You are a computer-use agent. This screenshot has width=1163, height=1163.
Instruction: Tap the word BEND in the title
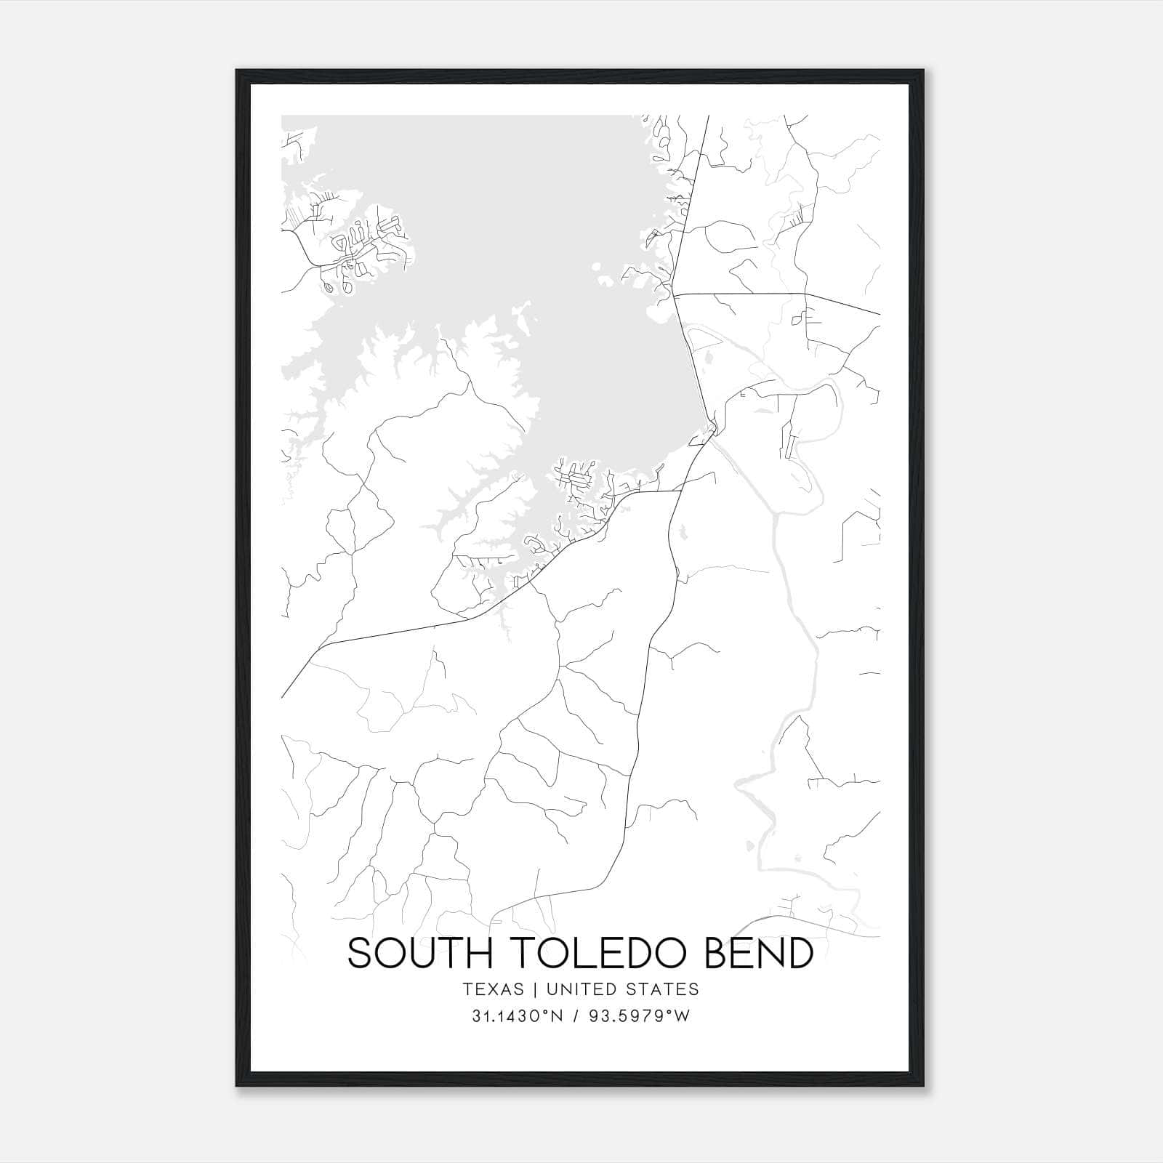759,954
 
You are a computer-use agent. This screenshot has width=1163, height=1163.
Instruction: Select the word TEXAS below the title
492,989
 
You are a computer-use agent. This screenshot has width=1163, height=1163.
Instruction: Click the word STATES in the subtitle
667,989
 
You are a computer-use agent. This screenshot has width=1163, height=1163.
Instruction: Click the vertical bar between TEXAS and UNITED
534,989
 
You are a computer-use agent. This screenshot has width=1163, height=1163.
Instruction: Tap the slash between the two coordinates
575,1016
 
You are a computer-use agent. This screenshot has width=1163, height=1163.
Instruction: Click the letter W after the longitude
683,1016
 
